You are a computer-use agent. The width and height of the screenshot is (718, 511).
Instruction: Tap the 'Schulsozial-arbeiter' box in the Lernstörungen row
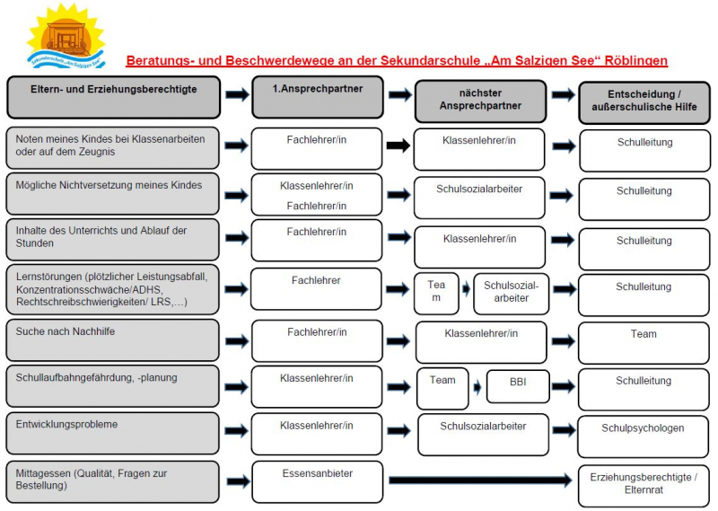pyautogui.click(x=512, y=294)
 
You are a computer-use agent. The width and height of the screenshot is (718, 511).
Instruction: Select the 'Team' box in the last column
pyautogui.click(x=644, y=342)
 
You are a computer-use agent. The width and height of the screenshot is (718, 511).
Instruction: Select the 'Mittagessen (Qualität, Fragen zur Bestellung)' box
pyautogui.click(x=113, y=481)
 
